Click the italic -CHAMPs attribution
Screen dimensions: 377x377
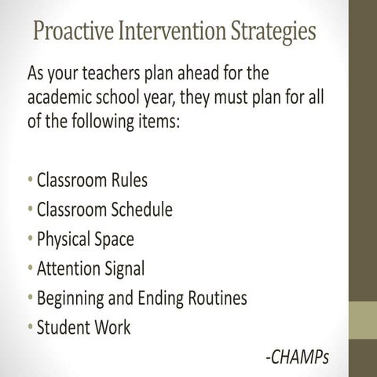(x=297, y=357)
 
